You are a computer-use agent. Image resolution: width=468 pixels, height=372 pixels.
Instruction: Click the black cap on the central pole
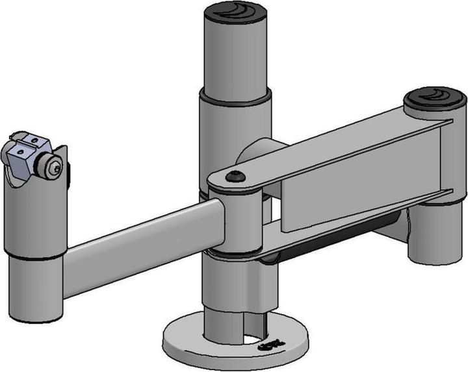tap(235, 11)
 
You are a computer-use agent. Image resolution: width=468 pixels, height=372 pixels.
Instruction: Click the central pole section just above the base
tap(224, 312)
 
